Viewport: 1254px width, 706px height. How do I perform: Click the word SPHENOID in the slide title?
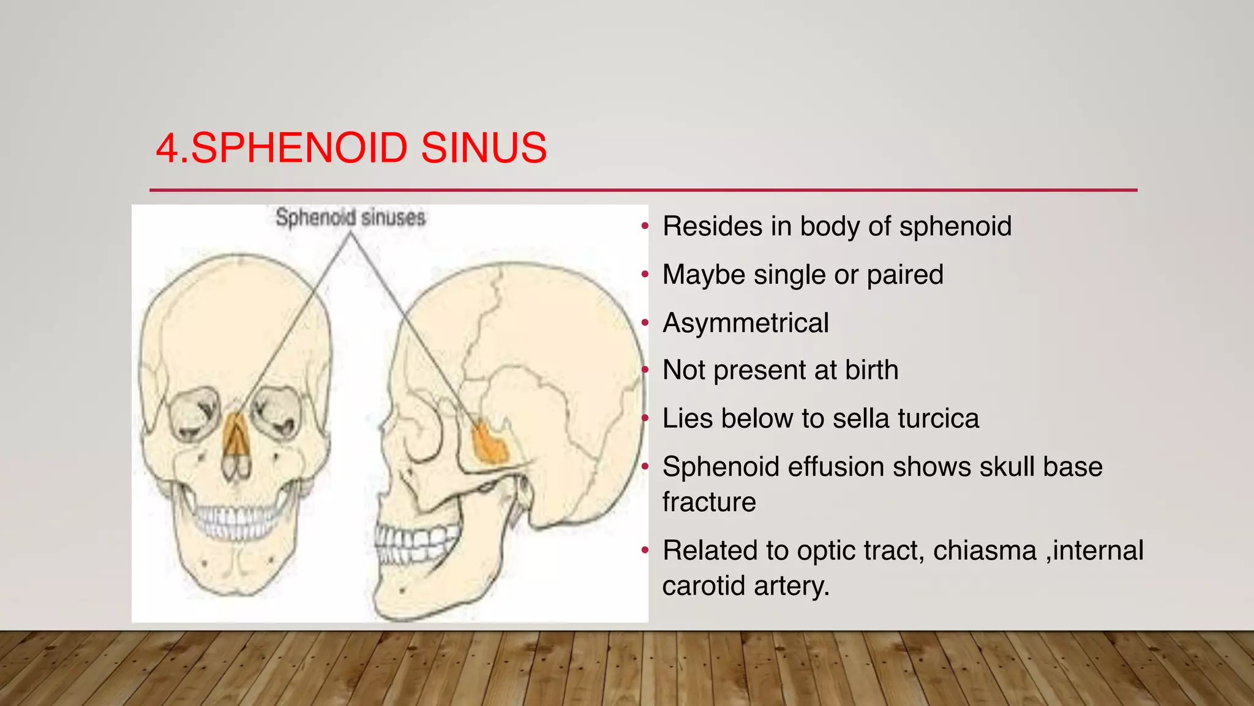pyautogui.click(x=299, y=148)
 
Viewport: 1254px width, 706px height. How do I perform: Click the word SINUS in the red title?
pyautogui.click(x=484, y=148)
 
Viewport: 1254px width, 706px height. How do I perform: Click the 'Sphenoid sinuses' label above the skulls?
pyautogui.click(x=350, y=218)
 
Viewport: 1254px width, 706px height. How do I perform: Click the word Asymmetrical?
pyautogui.click(x=746, y=323)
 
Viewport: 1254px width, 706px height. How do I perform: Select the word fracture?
pyautogui.click(x=709, y=502)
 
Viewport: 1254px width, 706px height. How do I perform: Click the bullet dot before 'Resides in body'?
pyautogui.click(x=644, y=227)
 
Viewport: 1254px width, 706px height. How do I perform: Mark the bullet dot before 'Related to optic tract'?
pyautogui.click(x=644, y=550)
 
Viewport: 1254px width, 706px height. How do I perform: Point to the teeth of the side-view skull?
pyautogui.click(x=416, y=542)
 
